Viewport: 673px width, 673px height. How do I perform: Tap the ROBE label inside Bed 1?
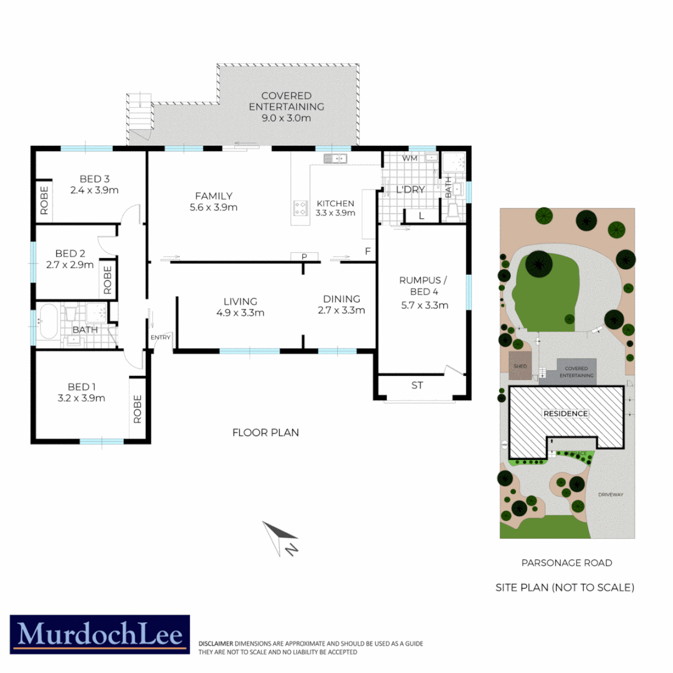pyautogui.click(x=138, y=409)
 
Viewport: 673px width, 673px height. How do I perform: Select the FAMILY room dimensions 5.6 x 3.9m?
pyautogui.click(x=213, y=208)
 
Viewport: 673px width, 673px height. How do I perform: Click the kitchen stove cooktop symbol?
pyautogui.click(x=300, y=208)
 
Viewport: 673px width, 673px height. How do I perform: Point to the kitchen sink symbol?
pyautogui.click(x=335, y=159)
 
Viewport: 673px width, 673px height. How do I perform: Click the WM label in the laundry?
pyautogui.click(x=409, y=158)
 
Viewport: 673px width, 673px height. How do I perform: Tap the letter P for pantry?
pyautogui.click(x=305, y=256)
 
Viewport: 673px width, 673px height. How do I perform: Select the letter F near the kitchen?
pyautogui.click(x=368, y=252)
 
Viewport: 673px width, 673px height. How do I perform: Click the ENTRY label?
pyautogui.click(x=160, y=337)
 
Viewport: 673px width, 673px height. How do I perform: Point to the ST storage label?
pyautogui.click(x=417, y=385)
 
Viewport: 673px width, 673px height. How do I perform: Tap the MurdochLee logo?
pyautogui.click(x=100, y=634)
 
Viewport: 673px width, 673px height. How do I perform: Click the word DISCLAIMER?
pyautogui.click(x=216, y=642)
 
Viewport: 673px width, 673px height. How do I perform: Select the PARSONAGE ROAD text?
pyautogui.click(x=566, y=563)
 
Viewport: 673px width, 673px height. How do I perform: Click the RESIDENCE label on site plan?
pyautogui.click(x=565, y=413)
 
